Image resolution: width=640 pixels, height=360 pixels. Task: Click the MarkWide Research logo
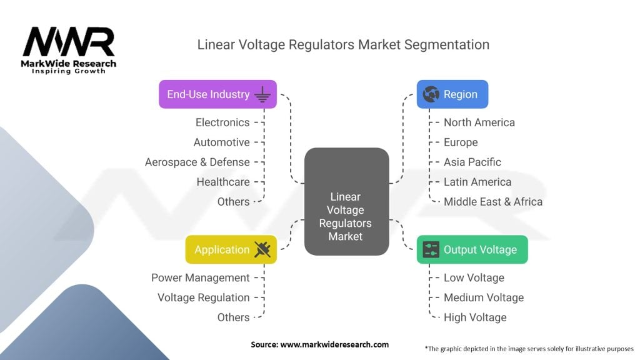coord(69,49)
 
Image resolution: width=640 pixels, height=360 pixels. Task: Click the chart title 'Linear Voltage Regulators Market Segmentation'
coord(343,45)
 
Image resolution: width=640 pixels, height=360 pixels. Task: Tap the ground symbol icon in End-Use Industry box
coord(262,94)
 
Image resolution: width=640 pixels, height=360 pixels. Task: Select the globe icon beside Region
coord(431,94)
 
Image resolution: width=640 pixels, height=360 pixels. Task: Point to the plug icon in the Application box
coord(262,249)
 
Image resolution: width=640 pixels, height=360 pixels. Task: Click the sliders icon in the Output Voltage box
coord(431,249)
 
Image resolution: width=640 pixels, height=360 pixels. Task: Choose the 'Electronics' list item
coord(222,122)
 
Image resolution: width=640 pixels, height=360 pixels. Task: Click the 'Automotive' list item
coord(221,142)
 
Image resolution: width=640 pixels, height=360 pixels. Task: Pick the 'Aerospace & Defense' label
coord(197,162)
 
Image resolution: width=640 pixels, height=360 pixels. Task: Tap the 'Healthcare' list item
coord(223,182)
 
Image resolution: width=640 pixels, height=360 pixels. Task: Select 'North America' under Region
coord(479,122)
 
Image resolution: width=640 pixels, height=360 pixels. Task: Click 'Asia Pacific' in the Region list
coord(472,162)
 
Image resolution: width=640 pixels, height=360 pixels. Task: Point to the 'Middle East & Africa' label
coord(493,202)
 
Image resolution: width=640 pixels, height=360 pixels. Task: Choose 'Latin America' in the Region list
coord(477,182)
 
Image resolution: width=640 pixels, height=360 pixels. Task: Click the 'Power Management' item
coord(201,277)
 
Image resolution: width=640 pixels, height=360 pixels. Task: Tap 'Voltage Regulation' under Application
coord(204,297)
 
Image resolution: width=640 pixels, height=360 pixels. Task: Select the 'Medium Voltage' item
coord(484,297)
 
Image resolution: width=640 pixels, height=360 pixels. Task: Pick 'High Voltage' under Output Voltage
coord(475,317)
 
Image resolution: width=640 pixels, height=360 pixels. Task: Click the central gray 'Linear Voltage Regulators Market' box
coord(346,202)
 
